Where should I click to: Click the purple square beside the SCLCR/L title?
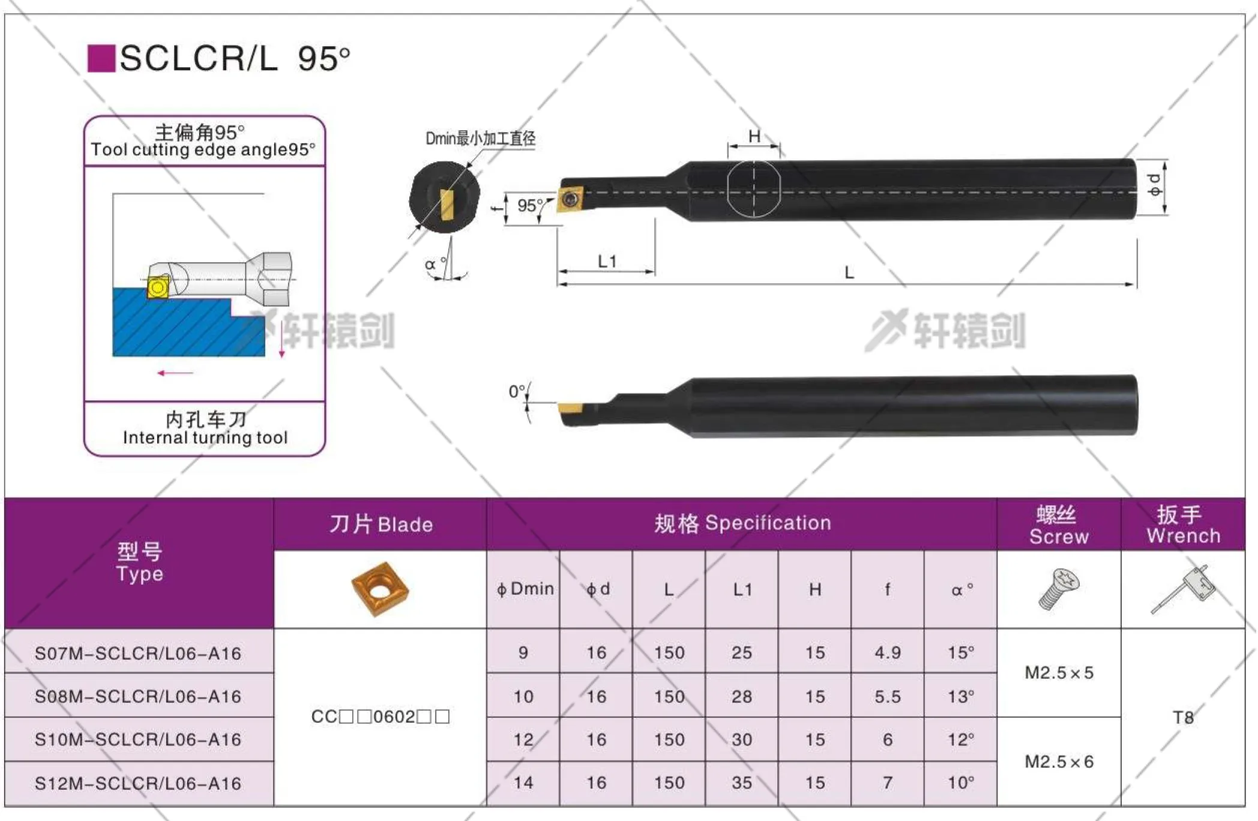pyautogui.click(x=101, y=59)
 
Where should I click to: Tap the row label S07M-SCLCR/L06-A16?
pyautogui.click(x=138, y=653)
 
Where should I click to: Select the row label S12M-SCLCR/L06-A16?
pyautogui.click(x=138, y=783)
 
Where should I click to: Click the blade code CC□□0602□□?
pyautogui.click(x=380, y=717)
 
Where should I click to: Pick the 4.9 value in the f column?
pyautogui.click(x=888, y=652)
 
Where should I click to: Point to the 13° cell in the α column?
pyautogui.click(x=960, y=696)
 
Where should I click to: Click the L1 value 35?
pyautogui.click(x=742, y=783)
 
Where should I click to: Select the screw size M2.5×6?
pyautogui.click(x=1059, y=762)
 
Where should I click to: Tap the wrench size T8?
pyautogui.click(x=1183, y=717)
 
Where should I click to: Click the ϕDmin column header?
pyautogui.click(x=525, y=589)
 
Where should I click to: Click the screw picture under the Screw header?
pyautogui.click(x=1059, y=589)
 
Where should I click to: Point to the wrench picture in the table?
pyautogui.click(x=1183, y=589)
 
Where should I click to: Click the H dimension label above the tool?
pyautogui.click(x=754, y=137)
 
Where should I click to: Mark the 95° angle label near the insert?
pyautogui.click(x=529, y=206)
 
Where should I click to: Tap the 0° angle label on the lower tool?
pyautogui.click(x=517, y=392)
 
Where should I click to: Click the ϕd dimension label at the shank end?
pyautogui.click(x=1154, y=185)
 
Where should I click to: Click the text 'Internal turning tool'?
pyautogui.click(x=205, y=438)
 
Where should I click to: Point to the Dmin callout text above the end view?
pyautogui.click(x=480, y=139)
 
